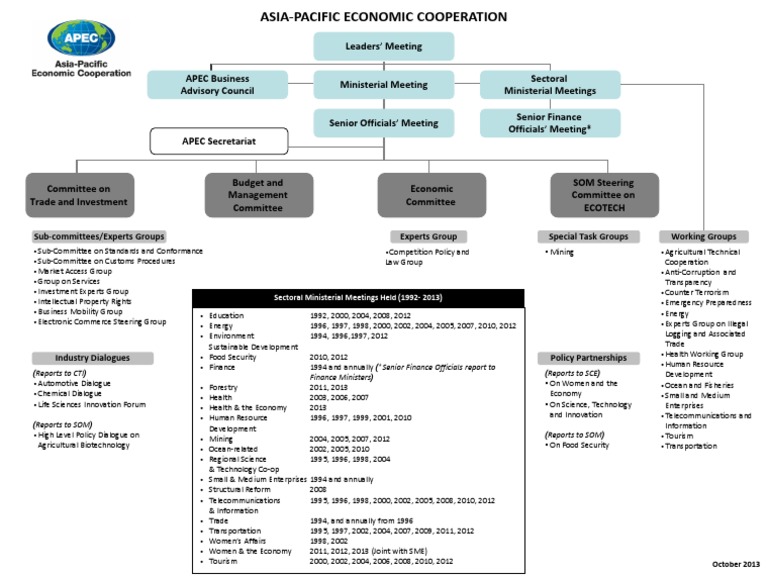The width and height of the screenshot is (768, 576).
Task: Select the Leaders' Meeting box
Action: pos(384,46)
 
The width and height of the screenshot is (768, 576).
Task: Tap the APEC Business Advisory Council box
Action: pos(217,85)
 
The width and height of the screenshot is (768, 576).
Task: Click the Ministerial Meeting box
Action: pos(384,85)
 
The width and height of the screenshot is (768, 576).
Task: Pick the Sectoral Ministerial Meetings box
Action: pos(549,85)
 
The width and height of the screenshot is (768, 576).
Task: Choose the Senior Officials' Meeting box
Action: pos(384,123)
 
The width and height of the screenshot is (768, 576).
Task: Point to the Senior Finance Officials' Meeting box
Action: pos(549,123)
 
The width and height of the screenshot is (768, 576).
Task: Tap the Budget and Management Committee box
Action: pos(258,194)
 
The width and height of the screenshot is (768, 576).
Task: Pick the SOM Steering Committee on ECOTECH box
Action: pos(605,194)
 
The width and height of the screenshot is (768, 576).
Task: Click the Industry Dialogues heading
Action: pos(93,357)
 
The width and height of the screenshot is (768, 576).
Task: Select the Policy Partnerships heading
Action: pos(589,357)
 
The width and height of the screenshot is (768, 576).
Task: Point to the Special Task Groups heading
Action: pos(589,236)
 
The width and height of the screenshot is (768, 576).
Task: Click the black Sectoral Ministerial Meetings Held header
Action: pos(357,298)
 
